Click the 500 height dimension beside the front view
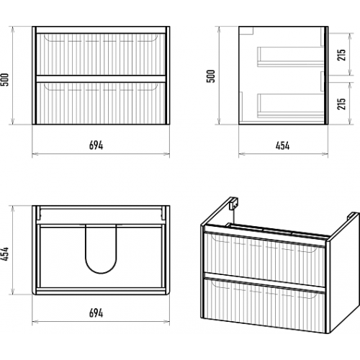click(5, 80)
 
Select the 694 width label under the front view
click(96, 145)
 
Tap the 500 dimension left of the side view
click(211, 76)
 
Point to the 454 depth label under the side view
click(282, 145)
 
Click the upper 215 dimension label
click(341, 55)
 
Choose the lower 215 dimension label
click(341, 104)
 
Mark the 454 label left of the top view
click(5, 253)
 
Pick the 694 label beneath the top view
click(96, 313)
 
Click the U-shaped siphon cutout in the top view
click(101, 272)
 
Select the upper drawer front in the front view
click(101, 55)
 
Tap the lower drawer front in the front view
click(101, 103)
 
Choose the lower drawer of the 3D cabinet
click(264, 305)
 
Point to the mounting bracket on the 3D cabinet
click(233, 204)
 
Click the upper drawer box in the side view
click(291, 57)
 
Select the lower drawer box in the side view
click(291, 105)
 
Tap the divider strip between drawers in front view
click(101, 79)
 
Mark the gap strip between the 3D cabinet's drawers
click(264, 282)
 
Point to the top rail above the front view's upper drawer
click(101, 30)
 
